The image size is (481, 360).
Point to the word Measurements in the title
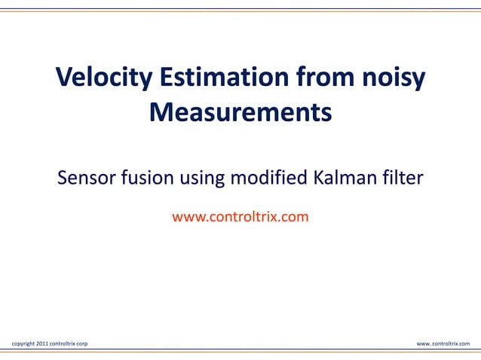[x=240, y=113]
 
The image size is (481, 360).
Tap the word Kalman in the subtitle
[x=344, y=179]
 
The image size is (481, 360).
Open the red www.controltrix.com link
[x=240, y=218]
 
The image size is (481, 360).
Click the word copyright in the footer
[x=22, y=343]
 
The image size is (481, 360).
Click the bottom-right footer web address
[x=443, y=343]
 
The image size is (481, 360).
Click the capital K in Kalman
[x=318, y=179]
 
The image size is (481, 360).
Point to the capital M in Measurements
[x=161, y=113]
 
